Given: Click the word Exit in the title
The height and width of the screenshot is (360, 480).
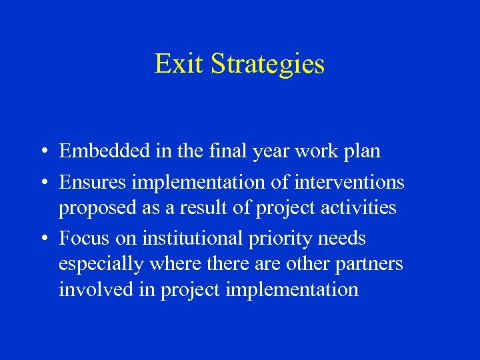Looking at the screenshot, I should (x=179, y=64).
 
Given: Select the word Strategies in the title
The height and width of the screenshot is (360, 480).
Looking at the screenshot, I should (x=267, y=65).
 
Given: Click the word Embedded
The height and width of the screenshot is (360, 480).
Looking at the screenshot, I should (x=99, y=151).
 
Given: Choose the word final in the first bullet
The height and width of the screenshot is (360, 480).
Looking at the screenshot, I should (x=230, y=151).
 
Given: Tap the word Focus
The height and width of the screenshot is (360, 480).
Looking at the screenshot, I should (x=81, y=238).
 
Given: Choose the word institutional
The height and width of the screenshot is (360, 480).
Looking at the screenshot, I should (x=183, y=238).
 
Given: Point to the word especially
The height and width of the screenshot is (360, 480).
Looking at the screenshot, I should (x=101, y=265).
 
